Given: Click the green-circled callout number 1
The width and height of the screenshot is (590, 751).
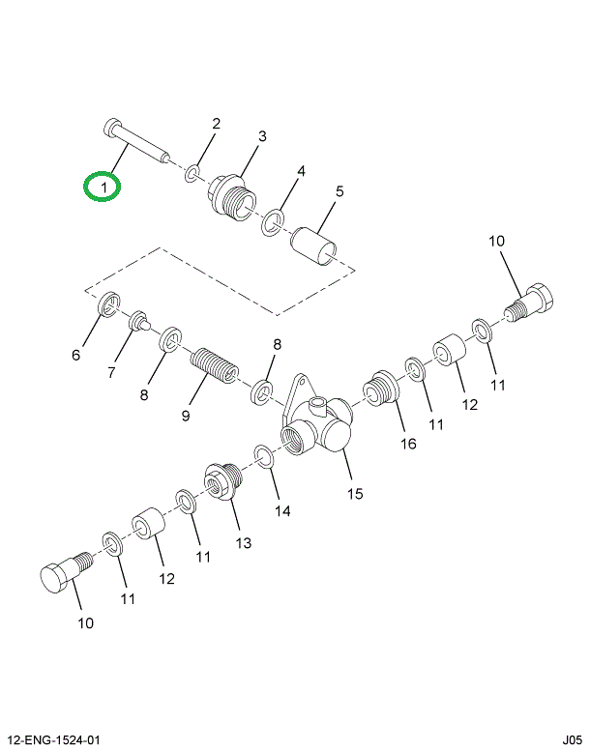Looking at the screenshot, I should tap(103, 186).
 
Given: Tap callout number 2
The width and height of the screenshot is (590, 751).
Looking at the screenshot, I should tap(216, 124).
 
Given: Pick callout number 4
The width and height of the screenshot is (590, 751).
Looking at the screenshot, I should tap(301, 172).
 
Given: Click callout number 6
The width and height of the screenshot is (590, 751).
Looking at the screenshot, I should tap(76, 355).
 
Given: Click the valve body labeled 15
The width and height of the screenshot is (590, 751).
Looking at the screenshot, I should tap(314, 425).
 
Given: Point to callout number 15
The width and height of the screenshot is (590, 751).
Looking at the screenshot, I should tap(355, 494).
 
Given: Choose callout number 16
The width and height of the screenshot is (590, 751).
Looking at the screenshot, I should tap(408, 444).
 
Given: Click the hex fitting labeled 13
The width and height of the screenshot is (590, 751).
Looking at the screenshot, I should tap(221, 480).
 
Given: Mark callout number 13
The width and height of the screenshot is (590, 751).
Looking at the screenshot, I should tap(242, 542).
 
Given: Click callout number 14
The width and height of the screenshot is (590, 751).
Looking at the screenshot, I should tap(281, 510).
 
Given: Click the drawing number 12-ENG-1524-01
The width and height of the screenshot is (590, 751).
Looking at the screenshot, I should tap(53, 740).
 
